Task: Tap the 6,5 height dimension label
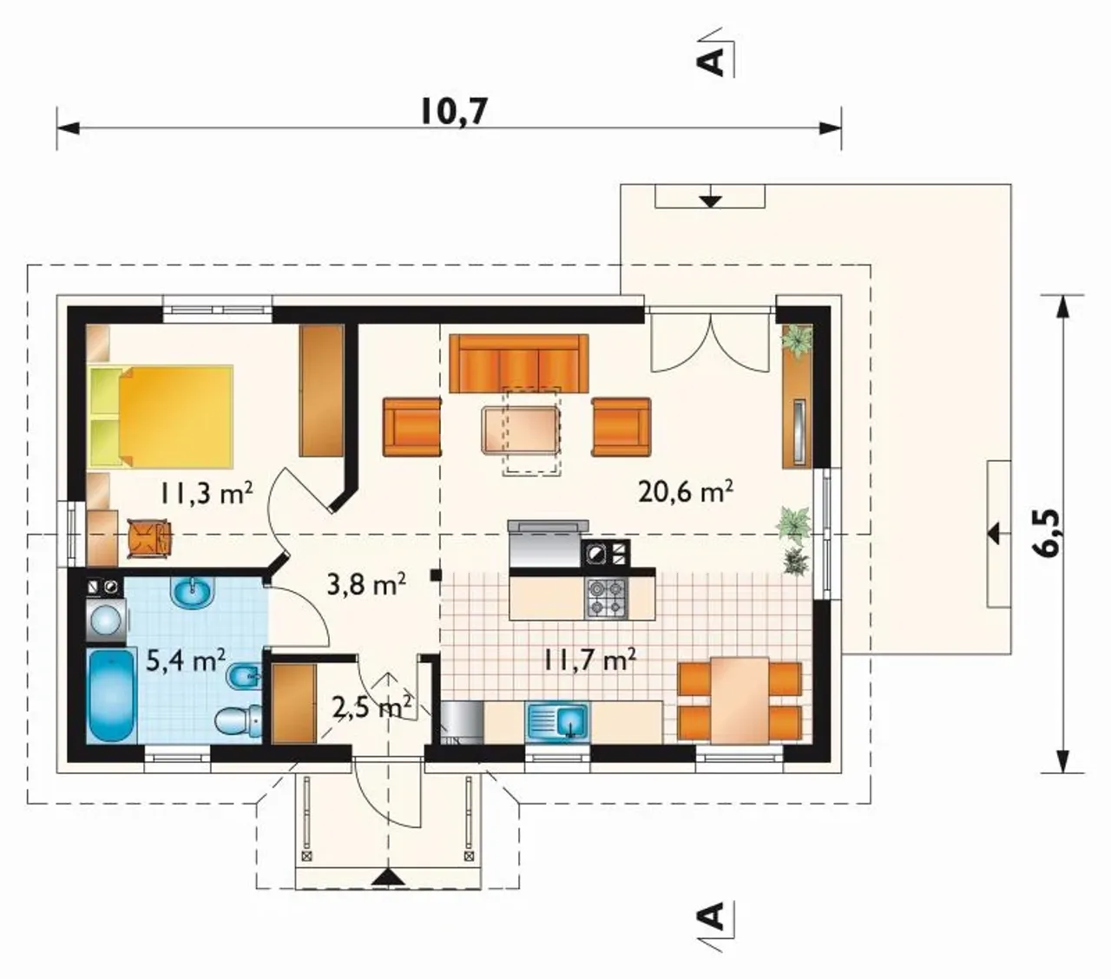click(1049, 533)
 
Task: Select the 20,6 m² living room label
click(686, 491)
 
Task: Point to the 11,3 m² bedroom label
click(207, 492)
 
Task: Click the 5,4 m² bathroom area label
click(186, 660)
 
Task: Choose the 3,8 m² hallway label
click(365, 585)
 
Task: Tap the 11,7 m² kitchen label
click(589, 660)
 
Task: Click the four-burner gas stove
click(607, 598)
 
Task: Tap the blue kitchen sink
click(558, 721)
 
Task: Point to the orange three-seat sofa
click(518, 363)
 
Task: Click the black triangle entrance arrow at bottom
click(388, 877)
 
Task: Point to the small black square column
click(436, 575)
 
